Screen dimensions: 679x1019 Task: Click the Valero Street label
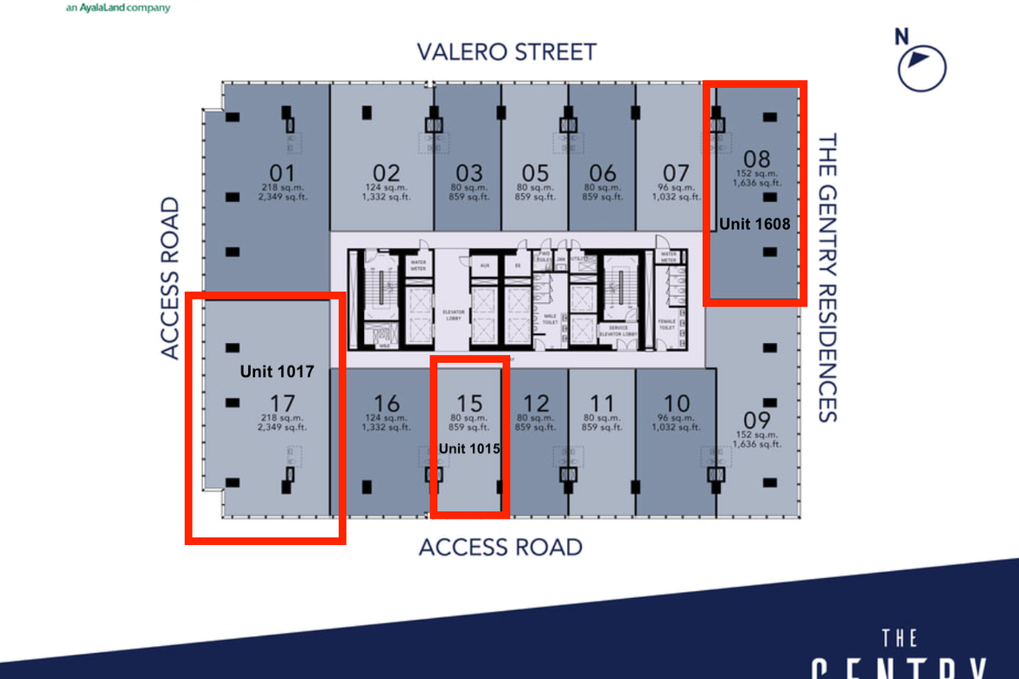click(x=506, y=51)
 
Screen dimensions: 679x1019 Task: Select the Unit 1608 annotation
click(x=754, y=224)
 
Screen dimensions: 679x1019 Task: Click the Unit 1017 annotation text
click(x=277, y=372)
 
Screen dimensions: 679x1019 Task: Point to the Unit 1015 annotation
click(x=469, y=448)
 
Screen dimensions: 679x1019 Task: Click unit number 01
click(x=283, y=173)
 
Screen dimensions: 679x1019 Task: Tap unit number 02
click(x=386, y=173)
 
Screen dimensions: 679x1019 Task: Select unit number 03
click(x=469, y=173)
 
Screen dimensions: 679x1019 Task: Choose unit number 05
click(x=536, y=173)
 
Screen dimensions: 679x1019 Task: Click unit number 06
click(x=602, y=173)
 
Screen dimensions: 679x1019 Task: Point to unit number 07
click(x=676, y=173)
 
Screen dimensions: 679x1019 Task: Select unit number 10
click(x=676, y=403)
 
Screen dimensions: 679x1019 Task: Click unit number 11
click(x=602, y=403)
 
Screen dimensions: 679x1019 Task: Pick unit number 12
click(x=536, y=403)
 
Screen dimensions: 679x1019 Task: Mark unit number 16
click(x=386, y=403)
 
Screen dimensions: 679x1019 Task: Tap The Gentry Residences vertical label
click(x=827, y=277)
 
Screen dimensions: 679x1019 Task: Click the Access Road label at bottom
click(x=500, y=547)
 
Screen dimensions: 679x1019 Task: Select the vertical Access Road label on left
click(x=170, y=278)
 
